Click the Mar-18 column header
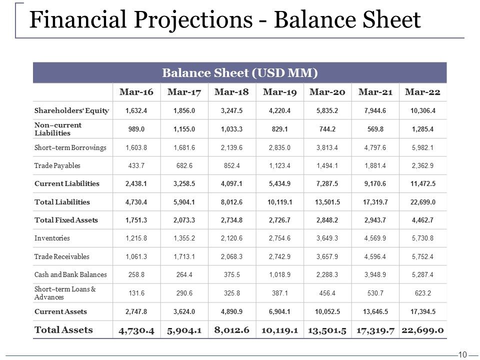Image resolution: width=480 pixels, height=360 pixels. pos(231,92)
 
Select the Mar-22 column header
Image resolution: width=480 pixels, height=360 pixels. pos(423,92)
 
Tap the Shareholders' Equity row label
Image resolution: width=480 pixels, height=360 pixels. pos(71,110)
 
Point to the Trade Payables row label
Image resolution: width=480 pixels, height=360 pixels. pos(57,165)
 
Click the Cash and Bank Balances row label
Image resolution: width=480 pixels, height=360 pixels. pos(70,274)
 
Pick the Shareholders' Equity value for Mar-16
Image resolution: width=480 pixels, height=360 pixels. pos(136,110)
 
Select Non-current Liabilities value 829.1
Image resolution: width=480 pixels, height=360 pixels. pos(279,129)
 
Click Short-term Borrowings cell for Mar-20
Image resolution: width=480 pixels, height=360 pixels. pos(327,147)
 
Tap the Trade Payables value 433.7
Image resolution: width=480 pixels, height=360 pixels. pos(136,165)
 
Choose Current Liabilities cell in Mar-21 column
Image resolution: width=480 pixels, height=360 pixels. pos(375,183)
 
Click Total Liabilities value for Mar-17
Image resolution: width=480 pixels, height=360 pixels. pos(184,202)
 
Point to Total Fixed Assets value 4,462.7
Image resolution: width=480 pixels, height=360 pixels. pos(423,220)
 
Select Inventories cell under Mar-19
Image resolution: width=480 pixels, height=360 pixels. pos(279,238)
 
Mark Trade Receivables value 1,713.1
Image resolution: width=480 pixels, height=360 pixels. pos(184,256)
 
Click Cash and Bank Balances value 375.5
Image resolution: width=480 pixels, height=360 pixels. pos(231,274)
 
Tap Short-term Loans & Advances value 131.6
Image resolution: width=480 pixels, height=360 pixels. pos(136,293)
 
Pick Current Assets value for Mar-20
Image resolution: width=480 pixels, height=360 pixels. pos(327,311)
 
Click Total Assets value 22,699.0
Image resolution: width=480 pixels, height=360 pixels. pos(423,330)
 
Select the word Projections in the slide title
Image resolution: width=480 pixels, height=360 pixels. pos(193,20)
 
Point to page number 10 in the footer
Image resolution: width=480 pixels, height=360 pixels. pos(462,354)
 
